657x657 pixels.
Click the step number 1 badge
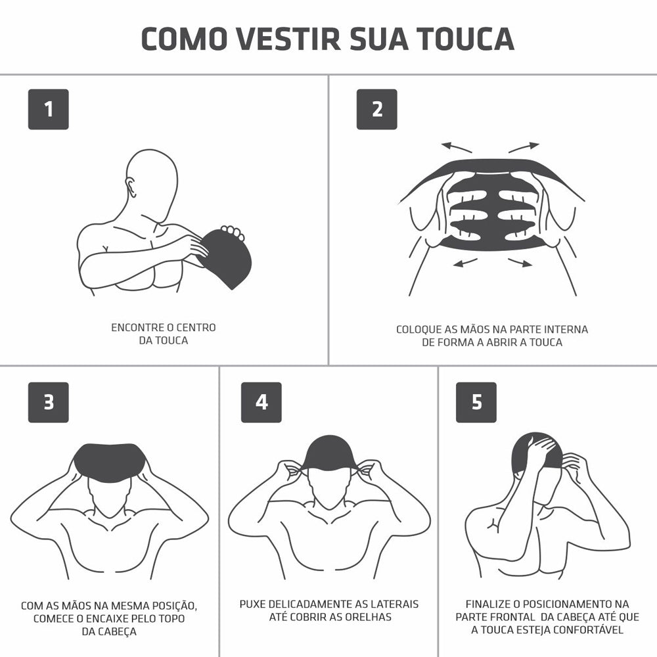tap(48, 109)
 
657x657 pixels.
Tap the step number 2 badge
tap(376, 109)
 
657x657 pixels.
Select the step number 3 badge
tap(48, 402)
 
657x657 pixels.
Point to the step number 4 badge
tap(261, 402)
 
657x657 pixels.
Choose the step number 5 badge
tap(476, 402)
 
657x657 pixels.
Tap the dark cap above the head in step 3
tap(110, 459)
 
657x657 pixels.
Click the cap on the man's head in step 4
tap(328, 453)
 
